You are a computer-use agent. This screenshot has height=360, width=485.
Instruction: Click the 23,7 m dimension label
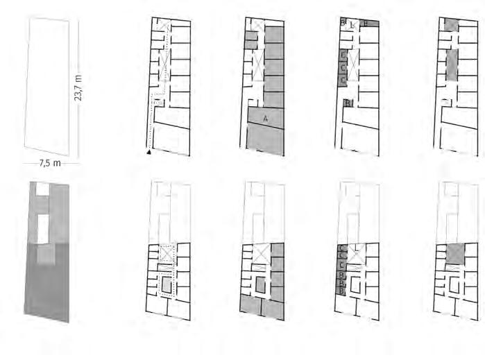point(78,87)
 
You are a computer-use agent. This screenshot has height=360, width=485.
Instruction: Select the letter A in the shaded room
point(265,119)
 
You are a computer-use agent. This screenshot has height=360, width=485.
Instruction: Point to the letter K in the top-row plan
point(353,25)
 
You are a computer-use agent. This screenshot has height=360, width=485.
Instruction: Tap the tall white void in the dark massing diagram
point(44,229)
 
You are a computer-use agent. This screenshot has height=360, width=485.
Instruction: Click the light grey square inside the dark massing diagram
point(45,255)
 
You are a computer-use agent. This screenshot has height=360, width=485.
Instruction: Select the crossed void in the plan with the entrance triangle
point(164,70)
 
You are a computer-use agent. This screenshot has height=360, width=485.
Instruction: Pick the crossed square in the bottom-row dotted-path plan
point(166,253)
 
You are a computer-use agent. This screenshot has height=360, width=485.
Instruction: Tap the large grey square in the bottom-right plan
point(454,254)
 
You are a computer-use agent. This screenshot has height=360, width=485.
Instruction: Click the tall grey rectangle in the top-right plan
point(452,65)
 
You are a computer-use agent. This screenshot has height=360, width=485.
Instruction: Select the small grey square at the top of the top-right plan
point(451,26)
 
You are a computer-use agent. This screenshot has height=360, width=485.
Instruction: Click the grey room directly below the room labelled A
point(265,141)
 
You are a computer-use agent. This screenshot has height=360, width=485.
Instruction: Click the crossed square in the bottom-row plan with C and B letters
point(355,254)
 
